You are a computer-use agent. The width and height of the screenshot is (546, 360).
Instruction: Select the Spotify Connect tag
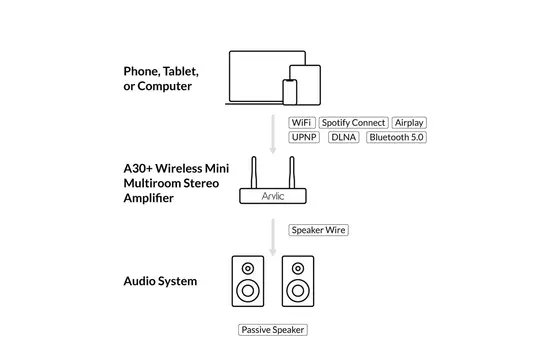(353, 122)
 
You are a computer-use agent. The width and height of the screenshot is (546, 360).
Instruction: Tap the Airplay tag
(409, 122)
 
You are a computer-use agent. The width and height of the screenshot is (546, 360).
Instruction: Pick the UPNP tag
(304, 136)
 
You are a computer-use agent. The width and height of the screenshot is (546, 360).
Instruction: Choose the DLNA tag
(343, 136)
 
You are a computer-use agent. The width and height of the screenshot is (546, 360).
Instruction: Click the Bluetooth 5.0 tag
(396, 136)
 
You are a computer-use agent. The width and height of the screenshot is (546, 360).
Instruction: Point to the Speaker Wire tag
(318, 229)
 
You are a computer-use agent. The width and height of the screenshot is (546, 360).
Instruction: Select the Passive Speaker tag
(272, 330)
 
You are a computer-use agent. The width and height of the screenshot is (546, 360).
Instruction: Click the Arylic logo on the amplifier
(273, 197)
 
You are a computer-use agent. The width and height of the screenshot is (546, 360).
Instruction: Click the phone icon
(290, 92)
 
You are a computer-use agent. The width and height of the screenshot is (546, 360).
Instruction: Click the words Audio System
(160, 281)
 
